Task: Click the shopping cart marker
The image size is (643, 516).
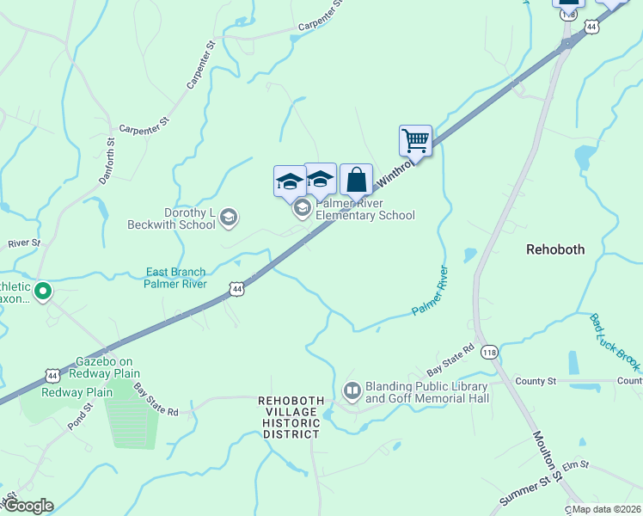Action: click(x=415, y=140)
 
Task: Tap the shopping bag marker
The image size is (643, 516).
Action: click(x=356, y=180)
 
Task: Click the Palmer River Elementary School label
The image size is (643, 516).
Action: click(x=365, y=209)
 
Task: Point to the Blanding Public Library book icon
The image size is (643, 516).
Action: click(x=352, y=392)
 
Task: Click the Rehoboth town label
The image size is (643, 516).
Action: click(x=555, y=249)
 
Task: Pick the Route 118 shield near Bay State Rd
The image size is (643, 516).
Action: click(x=489, y=352)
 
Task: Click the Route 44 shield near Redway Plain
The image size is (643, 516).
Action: click(x=52, y=376)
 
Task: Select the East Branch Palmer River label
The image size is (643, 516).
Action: click(x=175, y=278)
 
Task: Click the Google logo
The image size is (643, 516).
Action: click(x=28, y=506)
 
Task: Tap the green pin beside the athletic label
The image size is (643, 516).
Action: click(x=41, y=292)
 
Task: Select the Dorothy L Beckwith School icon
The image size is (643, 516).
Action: click(x=228, y=218)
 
